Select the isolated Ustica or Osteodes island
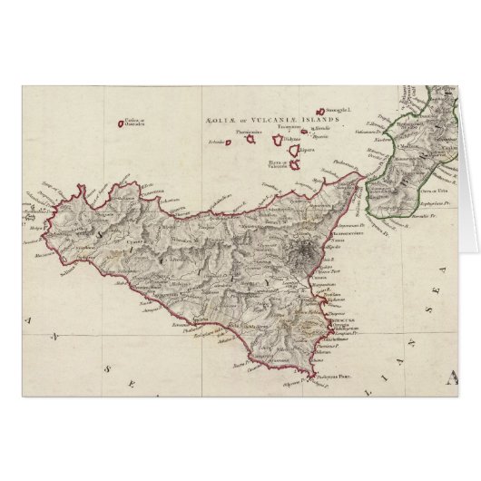[x=123, y=125]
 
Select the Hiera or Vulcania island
[x=298, y=165]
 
